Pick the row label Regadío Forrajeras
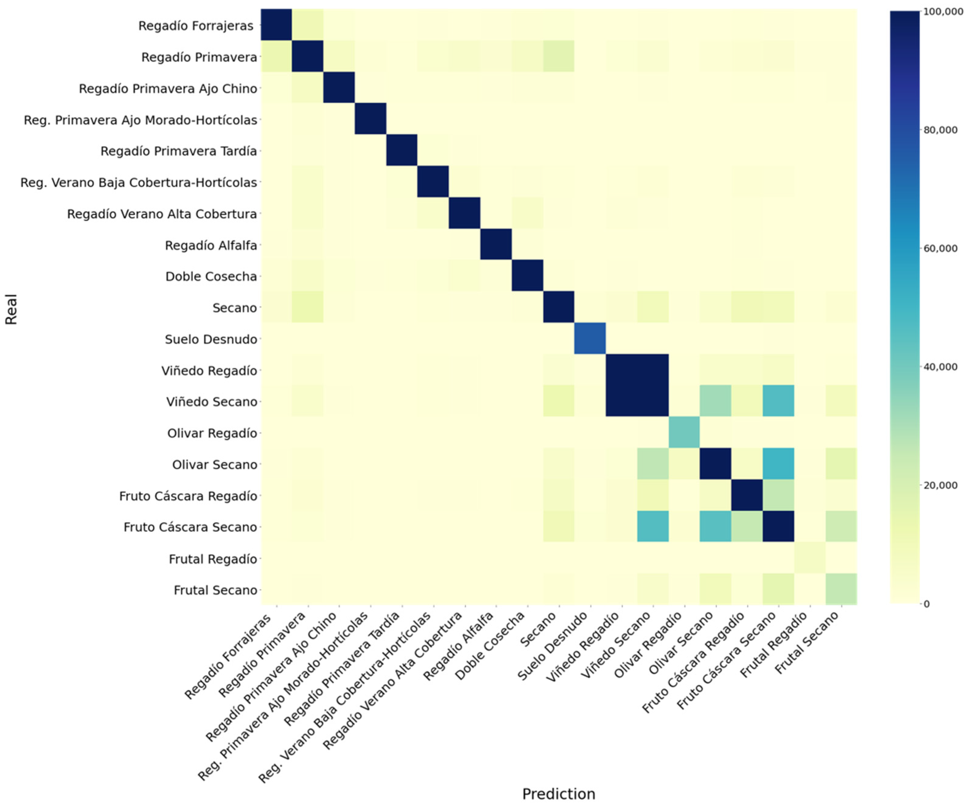196,26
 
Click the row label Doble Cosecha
211,276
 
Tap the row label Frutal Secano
215,590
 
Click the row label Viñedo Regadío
209,371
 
